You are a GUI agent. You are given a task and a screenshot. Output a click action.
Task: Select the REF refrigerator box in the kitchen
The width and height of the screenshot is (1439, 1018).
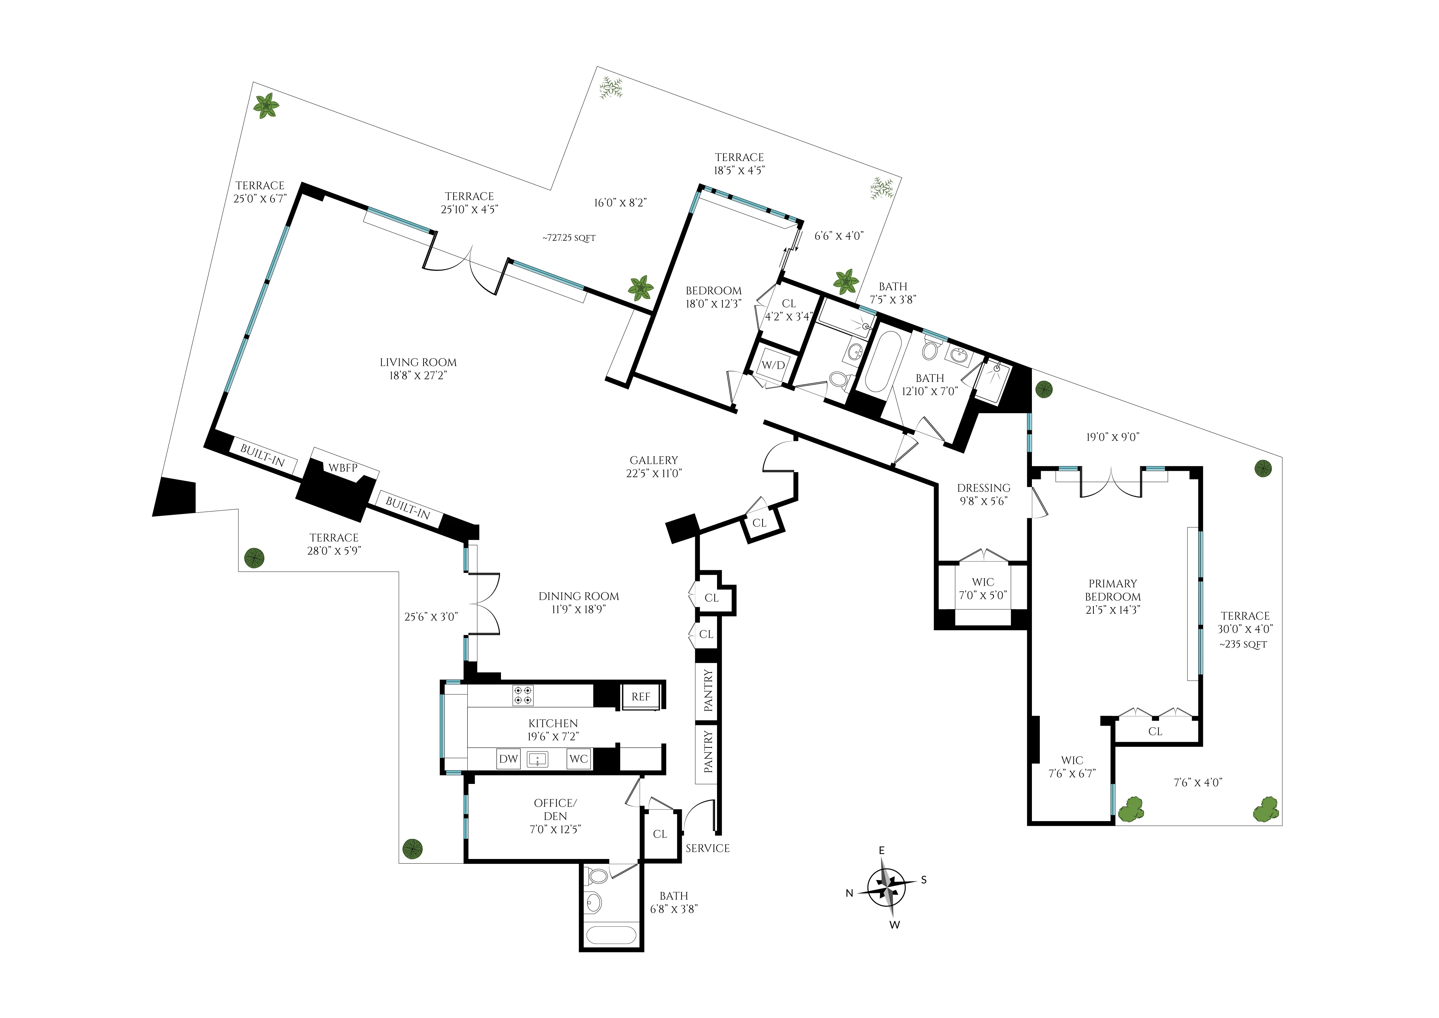pyautogui.click(x=640, y=696)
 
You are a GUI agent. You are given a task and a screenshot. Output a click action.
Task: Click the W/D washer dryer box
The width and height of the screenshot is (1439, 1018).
pyautogui.click(x=772, y=365)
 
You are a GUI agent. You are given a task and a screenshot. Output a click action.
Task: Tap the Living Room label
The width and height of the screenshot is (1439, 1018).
pyautogui.click(x=418, y=362)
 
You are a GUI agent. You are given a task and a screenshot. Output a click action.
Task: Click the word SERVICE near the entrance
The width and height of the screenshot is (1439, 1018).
pyautogui.click(x=707, y=848)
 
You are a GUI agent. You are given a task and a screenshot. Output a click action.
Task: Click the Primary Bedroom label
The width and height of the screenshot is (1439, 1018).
pyautogui.click(x=1112, y=590)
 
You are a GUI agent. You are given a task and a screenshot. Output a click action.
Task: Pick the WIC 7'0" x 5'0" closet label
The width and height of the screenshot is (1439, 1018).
pyautogui.click(x=982, y=582)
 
